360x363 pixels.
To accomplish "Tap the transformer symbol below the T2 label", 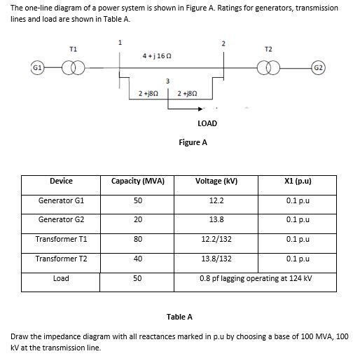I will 270,69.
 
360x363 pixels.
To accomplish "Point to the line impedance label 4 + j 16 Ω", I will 157,55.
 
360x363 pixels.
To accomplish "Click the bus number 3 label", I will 168,81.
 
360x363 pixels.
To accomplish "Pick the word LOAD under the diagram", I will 207,123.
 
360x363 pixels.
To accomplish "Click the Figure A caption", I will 193,142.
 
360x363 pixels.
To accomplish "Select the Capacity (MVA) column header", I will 138,181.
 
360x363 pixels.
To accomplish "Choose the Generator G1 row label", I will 61,200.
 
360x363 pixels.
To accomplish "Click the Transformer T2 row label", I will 61,259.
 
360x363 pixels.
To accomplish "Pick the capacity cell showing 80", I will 138,239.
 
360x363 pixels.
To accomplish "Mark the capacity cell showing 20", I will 138,220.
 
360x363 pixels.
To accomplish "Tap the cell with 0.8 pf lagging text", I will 256,278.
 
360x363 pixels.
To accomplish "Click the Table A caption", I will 180,316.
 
